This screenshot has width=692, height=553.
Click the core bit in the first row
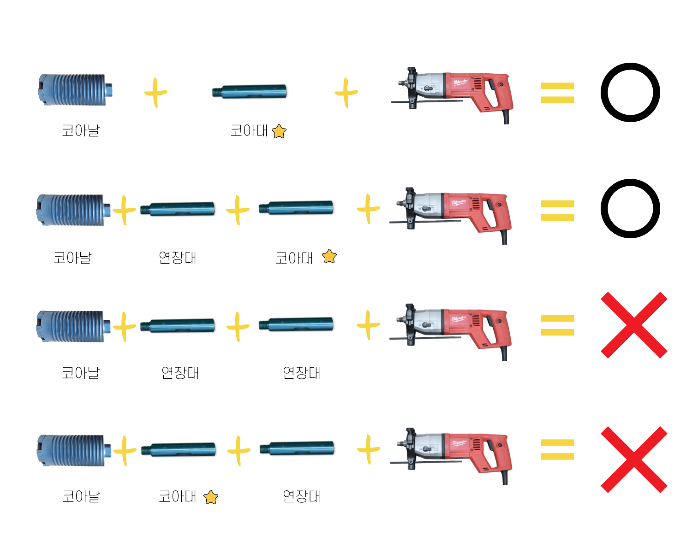74,90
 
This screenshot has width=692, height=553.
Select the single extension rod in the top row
249,91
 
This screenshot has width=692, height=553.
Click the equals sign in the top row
557,93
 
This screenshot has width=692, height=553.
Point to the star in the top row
279,132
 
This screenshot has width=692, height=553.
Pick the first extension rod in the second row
178,209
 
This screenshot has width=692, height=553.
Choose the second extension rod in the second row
296,208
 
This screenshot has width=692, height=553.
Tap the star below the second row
329,256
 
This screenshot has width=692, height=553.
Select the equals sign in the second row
557,210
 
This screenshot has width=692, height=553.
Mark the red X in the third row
634,325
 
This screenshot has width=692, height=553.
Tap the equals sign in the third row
557,325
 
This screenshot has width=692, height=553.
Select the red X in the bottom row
634,459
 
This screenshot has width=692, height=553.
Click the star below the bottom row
211,498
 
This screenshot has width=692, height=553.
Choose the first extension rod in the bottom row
178,449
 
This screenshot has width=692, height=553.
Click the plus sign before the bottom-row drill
369,449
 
